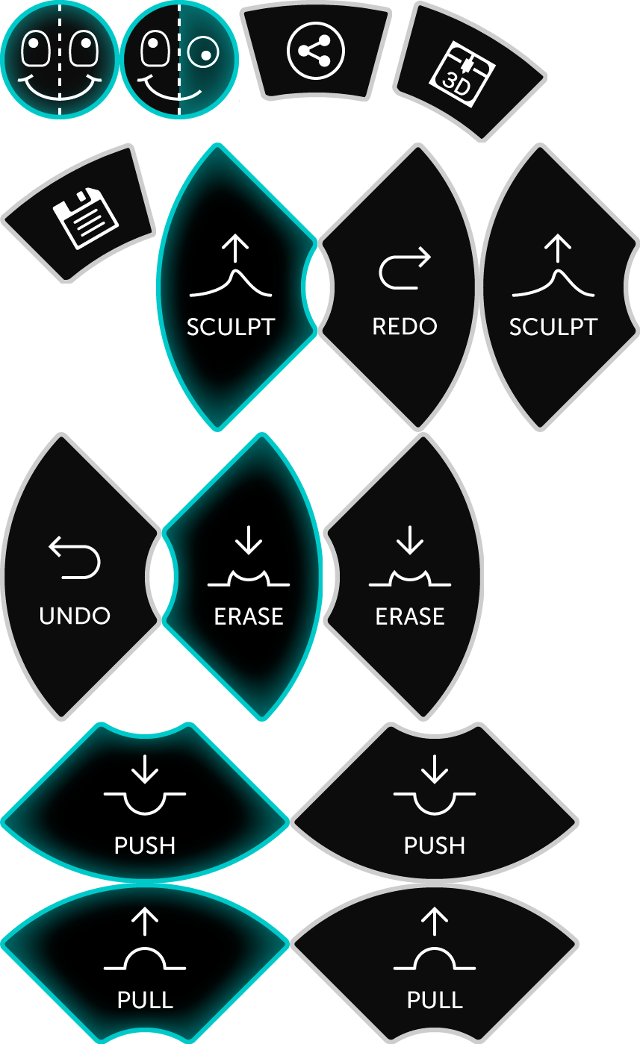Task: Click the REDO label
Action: (x=405, y=327)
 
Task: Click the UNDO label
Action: (x=75, y=616)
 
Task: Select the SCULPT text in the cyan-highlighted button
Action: (x=231, y=327)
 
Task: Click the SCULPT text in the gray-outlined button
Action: (x=553, y=327)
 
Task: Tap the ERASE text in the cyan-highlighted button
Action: (x=249, y=616)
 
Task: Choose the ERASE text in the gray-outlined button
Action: (x=410, y=616)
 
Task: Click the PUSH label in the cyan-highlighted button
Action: (x=145, y=845)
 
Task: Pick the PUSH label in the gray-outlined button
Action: (x=435, y=845)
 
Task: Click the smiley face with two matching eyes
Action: (x=60, y=58)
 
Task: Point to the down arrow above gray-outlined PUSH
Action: (x=435, y=769)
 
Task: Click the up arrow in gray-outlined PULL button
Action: (x=435, y=922)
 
